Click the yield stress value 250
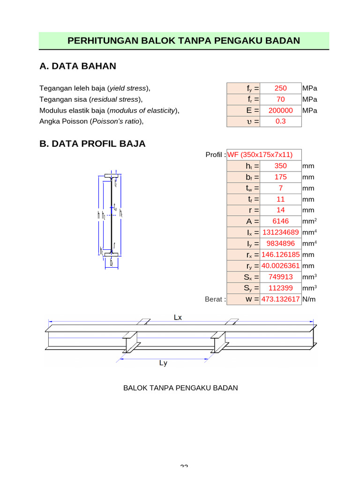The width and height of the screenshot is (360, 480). [280, 88]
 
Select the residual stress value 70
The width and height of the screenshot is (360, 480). [280, 99]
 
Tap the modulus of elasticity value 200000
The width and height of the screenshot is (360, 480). [280, 111]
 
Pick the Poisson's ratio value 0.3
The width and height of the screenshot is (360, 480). [280, 121]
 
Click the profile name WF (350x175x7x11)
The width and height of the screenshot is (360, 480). [260, 155]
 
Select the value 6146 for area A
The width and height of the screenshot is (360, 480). [280, 221]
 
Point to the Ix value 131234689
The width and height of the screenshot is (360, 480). [280, 232]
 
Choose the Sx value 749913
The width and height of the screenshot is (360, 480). [280, 277]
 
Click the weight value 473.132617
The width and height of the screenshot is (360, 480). [280, 299]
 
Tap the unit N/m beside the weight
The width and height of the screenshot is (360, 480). [309, 299]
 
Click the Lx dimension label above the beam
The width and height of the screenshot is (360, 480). [178, 317]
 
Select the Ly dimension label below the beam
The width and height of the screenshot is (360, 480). [163, 363]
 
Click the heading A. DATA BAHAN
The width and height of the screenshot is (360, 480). [78, 66]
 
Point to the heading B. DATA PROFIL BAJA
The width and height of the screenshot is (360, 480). [93, 144]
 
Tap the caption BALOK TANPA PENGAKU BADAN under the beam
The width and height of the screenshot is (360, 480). [180, 388]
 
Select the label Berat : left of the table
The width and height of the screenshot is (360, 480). [215, 299]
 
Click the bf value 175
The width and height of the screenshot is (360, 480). [280, 177]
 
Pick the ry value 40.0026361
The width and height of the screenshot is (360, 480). [280, 266]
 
